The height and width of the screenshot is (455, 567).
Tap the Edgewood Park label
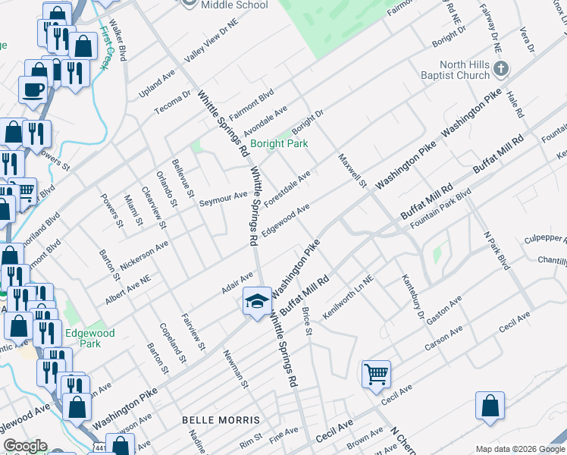coord(90,338)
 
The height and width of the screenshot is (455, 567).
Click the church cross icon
coord(500,70)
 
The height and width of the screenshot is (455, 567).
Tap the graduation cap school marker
coord(257,300)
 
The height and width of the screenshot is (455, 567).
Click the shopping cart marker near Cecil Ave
coord(376,374)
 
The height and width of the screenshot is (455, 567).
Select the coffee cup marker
coord(33,89)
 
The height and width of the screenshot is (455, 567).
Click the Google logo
coord(25,446)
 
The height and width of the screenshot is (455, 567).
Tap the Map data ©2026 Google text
coord(519,449)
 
